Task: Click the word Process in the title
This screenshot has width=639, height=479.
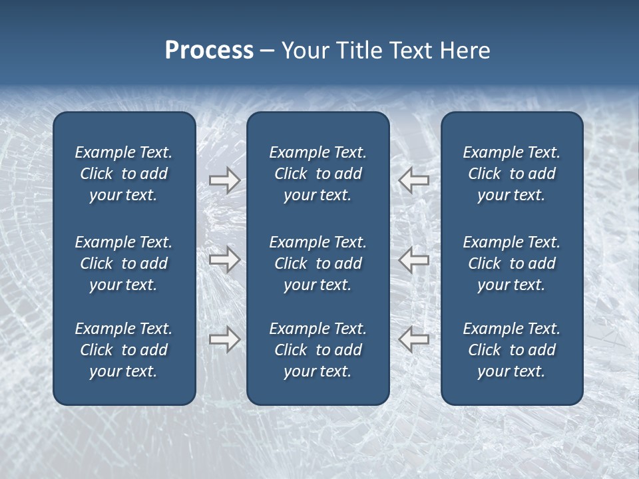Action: [x=209, y=51]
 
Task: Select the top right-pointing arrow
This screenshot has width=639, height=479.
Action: [x=224, y=180]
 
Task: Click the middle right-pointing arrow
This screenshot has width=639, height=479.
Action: [x=224, y=259]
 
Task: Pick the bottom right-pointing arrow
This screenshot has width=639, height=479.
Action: [x=224, y=339]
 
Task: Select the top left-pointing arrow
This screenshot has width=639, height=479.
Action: [x=414, y=180]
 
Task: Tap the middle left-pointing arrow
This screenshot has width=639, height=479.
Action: [x=414, y=259]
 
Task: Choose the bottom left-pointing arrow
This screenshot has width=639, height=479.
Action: [x=414, y=339]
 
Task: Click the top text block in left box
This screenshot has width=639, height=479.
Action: [x=124, y=174]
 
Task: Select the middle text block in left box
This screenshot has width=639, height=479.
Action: [x=124, y=263]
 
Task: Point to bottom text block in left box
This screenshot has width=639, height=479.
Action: [x=124, y=350]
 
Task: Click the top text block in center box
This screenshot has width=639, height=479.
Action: [x=318, y=174]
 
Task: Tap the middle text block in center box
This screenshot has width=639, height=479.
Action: [x=318, y=263]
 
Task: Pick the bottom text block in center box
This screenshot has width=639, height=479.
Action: [x=318, y=350]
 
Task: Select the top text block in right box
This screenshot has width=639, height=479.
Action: [x=512, y=174]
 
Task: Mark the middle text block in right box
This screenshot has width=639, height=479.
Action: [x=512, y=263]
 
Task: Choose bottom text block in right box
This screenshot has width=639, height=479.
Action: [x=512, y=350]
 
